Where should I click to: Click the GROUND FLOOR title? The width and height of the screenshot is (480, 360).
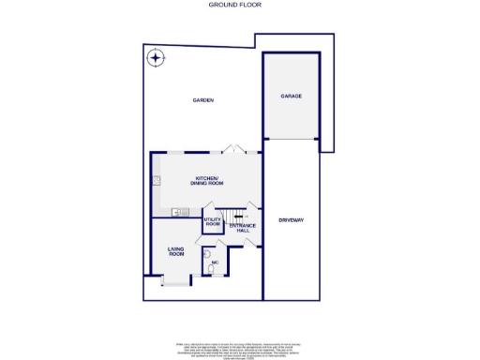point(241,5)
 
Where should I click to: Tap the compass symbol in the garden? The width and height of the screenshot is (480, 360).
point(154,59)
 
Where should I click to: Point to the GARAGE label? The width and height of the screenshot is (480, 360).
point(292,96)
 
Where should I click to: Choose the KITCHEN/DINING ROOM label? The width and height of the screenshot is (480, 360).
point(206,180)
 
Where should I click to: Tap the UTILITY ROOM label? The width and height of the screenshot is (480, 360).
point(213,222)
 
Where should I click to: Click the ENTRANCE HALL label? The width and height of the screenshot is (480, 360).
point(243,227)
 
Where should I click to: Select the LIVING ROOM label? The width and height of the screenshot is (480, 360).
point(176,250)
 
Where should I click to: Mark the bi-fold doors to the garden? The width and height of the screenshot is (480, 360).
point(233,150)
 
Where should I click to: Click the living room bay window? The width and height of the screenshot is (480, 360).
point(173,279)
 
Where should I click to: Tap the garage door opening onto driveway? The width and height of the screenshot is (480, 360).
point(292,139)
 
